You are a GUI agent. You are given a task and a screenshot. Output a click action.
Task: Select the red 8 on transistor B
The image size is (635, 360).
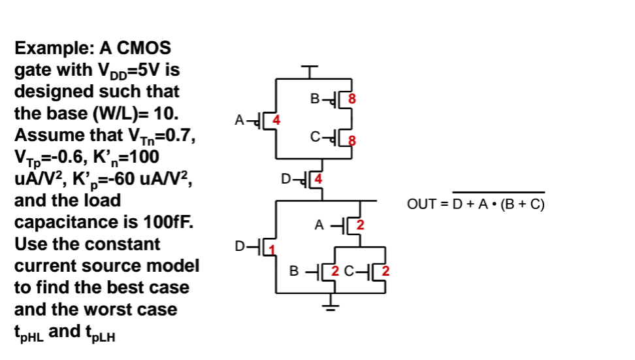[x=353, y=100]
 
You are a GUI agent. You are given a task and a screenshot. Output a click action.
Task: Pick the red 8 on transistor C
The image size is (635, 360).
[x=353, y=139]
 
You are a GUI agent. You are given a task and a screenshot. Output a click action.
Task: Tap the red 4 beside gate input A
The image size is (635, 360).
[x=276, y=120]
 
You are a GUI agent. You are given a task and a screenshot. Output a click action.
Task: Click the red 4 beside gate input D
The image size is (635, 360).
[x=319, y=178]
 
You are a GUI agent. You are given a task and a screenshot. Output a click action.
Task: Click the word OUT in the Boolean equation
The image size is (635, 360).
[x=420, y=205]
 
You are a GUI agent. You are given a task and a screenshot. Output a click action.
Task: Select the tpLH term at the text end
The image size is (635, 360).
[x=101, y=333]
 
